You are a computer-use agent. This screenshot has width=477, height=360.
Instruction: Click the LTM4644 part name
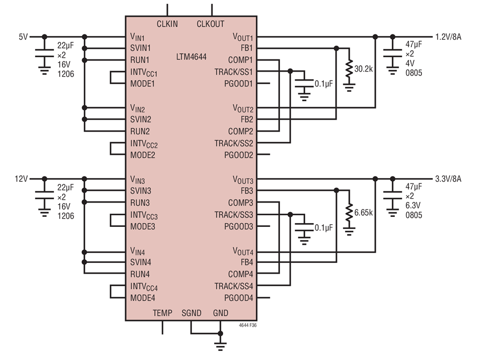pos(191,57)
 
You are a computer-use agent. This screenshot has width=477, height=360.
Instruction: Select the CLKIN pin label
pos(167,24)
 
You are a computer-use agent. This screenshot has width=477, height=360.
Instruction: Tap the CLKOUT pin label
pos(210,24)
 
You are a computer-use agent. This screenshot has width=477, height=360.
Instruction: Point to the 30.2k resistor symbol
pos(349,69)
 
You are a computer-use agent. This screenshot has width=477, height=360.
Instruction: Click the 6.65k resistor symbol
pos(349,213)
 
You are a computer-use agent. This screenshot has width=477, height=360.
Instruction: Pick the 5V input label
pos(23,37)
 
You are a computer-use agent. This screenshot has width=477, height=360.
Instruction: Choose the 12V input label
pos(21,179)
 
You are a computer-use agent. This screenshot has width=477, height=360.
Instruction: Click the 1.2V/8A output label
pos(448,37)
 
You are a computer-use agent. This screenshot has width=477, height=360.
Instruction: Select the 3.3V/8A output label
pos(448,179)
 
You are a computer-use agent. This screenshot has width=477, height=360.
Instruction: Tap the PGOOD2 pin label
pos(238,155)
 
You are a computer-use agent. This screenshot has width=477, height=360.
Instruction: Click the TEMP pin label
pos(163,313)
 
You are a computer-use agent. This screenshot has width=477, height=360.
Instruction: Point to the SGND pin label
pos(191,313)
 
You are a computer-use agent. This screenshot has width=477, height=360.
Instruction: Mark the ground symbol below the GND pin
pos(220,347)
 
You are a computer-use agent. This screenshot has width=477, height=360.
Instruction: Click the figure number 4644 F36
pos(248,326)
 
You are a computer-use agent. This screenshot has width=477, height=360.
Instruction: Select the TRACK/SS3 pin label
pos(234,215)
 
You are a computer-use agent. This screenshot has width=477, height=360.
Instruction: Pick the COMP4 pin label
pos(241,275)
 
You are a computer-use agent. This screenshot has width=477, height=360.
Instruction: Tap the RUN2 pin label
pos(140,131)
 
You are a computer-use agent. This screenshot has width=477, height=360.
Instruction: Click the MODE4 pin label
pos(143,298)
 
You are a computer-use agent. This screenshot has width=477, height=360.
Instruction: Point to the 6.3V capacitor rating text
pos(413,205)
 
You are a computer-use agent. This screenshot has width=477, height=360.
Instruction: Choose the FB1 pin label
pos(246,48)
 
